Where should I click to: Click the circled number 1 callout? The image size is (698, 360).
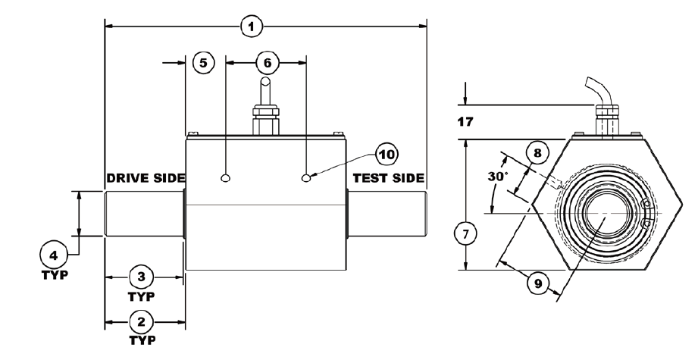click(x=252, y=27)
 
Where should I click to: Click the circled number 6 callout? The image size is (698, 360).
click(x=265, y=63)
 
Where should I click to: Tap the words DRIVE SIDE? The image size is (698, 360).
click(x=145, y=178)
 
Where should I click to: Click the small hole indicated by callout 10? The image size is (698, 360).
click(x=306, y=178)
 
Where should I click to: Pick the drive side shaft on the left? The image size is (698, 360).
click(x=144, y=214)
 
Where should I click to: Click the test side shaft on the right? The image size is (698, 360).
click(x=387, y=214)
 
